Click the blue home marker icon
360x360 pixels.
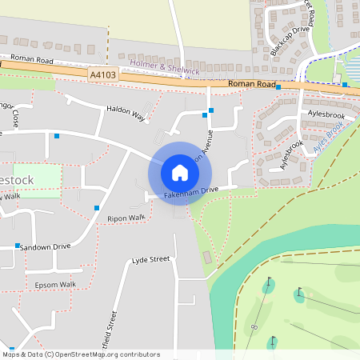point(180,172)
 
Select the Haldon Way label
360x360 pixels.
point(126,113)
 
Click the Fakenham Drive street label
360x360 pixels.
point(191,192)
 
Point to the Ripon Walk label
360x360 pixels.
point(126,218)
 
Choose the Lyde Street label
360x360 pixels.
point(151,260)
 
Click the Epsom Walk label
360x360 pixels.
point(55,284)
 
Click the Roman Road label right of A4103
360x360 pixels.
point(251,83)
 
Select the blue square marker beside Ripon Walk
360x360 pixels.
point(97,208)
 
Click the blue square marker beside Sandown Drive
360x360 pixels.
point(17,246)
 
